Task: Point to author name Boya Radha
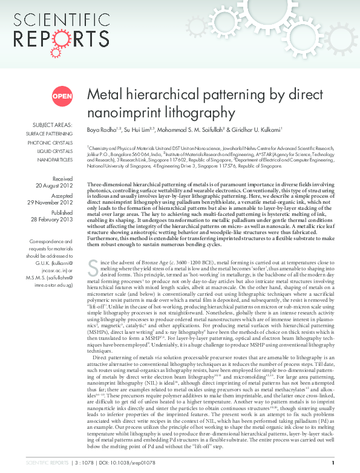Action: [101, 130]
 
